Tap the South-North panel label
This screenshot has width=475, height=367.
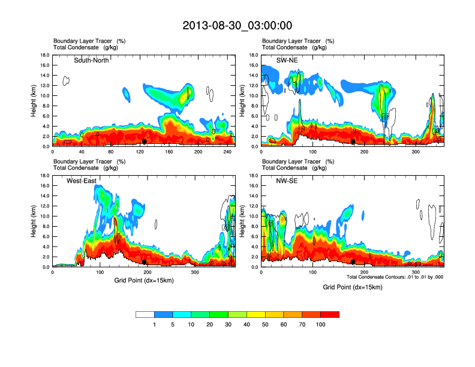[91, 60]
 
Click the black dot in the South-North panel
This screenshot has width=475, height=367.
[145, 142]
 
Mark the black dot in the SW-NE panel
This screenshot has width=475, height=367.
[353, 142]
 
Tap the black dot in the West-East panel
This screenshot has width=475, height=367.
[145, 262]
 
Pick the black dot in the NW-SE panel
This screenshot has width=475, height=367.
[353, 262]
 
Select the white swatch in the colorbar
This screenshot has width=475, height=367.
[145, 314]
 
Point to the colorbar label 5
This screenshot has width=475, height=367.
[173, 324]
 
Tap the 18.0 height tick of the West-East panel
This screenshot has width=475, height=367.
[44, 176]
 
